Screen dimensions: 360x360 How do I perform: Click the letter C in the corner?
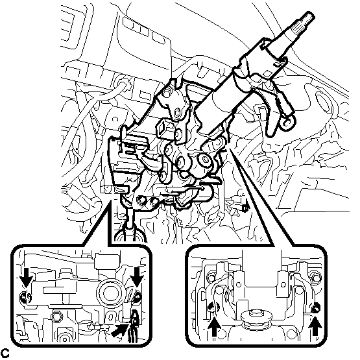point(5,353)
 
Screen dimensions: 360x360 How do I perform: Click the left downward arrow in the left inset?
point(26,277)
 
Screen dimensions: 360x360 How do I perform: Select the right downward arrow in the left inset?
point(137,277)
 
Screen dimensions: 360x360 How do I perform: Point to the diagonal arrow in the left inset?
point(120,330)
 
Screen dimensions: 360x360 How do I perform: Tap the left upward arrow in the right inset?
point(215,326)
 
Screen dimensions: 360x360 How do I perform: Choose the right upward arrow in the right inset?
point(315,326)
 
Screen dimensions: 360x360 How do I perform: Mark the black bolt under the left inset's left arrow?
point(25,298)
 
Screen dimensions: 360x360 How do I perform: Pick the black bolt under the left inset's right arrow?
point(137,297)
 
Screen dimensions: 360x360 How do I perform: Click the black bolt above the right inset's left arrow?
point(213,307)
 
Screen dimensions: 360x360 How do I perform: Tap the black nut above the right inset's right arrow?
point(317,308)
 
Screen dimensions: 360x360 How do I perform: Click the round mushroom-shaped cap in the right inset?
point(256,316)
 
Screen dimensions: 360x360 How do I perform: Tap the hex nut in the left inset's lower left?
point(56,317)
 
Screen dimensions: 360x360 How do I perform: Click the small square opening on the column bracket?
point(162,128)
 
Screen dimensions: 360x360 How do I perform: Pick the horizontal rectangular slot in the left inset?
point(56,290)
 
